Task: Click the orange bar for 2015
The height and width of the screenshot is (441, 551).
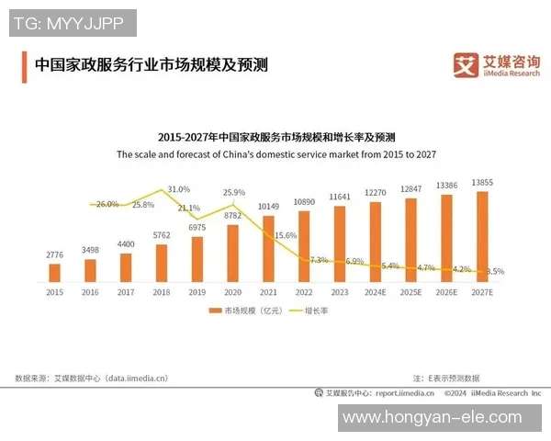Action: point(54,272)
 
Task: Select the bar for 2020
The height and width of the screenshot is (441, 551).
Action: point(232,253)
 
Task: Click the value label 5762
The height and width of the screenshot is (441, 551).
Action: point(161,235)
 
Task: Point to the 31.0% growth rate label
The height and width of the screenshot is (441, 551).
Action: point(179,188)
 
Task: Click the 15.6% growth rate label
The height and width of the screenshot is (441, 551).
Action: point(286,235)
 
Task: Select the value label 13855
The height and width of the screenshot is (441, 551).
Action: point(482,183)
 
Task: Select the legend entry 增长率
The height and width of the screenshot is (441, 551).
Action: point(310,311)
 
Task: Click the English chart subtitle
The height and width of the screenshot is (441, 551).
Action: point(275,155)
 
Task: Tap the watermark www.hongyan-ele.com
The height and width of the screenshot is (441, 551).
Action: point(444,418)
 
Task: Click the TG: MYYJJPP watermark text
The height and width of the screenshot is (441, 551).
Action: point(73,22)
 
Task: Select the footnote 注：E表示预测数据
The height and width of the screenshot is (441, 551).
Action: point(445,378)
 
